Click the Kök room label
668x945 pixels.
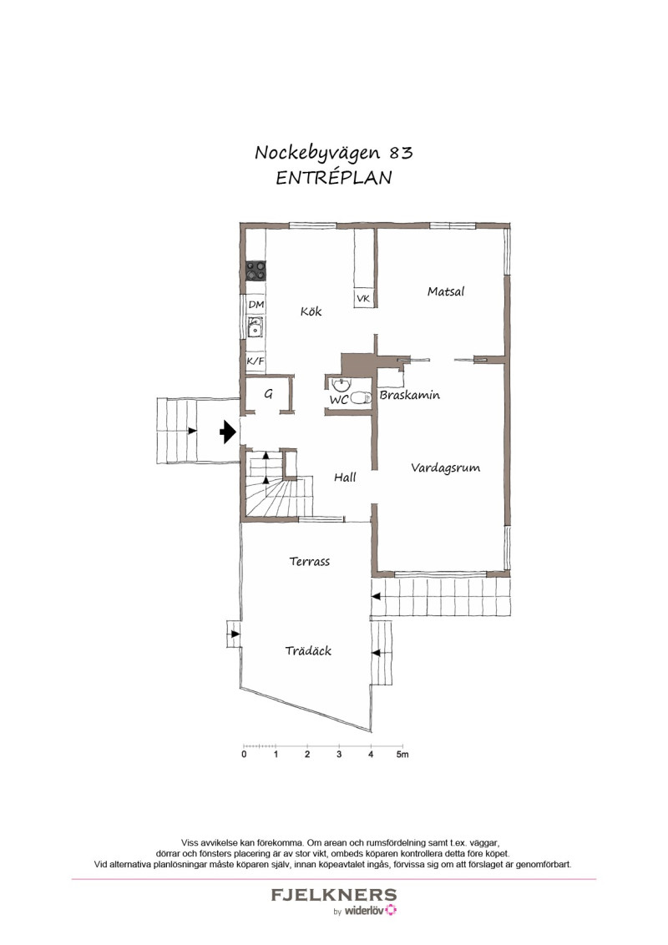(x=311, y=311)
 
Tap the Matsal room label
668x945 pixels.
(x=446, y=291)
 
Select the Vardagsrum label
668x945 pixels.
(x=446, y=467)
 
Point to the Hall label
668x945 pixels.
(x=345, y=477)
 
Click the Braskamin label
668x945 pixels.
(x=410, y=396)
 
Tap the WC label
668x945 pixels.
(x=339, y=400)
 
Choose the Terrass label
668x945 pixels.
(x=309, y=561)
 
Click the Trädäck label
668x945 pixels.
(x=308, y=650)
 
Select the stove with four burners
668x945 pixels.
(x=256, y=270)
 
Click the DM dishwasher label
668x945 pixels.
(x=256, y=305)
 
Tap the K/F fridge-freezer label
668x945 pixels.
(x=256, y=361)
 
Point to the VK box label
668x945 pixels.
(x=363, y=298)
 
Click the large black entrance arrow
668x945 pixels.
(x=227, y=432)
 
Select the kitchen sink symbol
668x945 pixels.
(x=256, y=328)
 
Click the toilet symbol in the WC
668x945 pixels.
(x=361, y=397)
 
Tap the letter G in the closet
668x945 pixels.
(x=268, y=393)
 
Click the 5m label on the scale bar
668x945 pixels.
(x=402, y=754)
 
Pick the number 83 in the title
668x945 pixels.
(x=401, y=153)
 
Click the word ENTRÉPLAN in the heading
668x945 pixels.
(x=334, y=178)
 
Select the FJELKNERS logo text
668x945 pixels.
(x=334, y=895)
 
